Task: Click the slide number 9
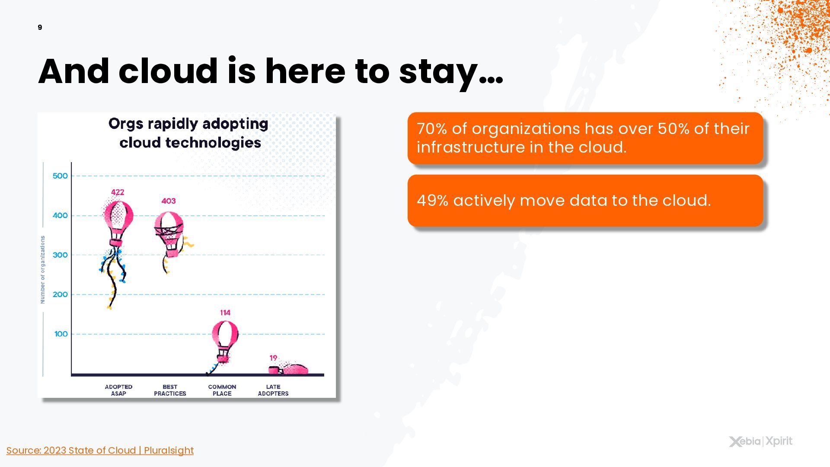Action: tap(40, 28)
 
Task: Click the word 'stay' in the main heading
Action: tap(438, 72)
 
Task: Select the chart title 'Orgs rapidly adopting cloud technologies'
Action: tap(189, 133)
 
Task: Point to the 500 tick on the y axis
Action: tap(60, 176)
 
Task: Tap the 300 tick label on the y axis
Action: tap(60, 255)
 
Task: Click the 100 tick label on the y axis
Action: tap(61, 334)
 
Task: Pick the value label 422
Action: tap(118, 192)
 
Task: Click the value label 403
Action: tap(169, 201)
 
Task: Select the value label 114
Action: tap(225, 313)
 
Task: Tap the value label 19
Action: tap(273, 358)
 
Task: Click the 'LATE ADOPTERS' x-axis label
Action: tap(273, 390)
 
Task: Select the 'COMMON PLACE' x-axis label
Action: tap(222, 390)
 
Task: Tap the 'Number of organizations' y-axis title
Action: tap(42, 269)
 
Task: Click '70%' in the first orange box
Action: tap(432, 129)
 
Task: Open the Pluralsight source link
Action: tap(100, 451)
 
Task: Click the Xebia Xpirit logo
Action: tap(761, 441)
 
